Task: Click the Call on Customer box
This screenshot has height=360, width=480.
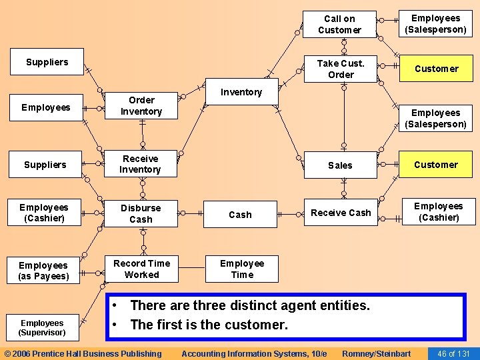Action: (339, 25)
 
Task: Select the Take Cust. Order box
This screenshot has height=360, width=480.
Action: (340, 69)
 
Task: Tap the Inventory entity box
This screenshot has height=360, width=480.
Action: (241, 92)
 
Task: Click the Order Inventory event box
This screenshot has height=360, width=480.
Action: (141, 106)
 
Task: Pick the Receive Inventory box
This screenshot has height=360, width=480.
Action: (140, 164)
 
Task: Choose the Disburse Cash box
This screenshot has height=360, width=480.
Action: (140, 213)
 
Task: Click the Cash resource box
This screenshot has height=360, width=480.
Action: (240, 215)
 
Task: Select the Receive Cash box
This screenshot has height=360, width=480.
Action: (340, 213)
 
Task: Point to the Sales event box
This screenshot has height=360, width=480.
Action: (340, 165)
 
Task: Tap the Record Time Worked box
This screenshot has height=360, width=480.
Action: (141, 269)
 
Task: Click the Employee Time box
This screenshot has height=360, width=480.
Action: (241, 269)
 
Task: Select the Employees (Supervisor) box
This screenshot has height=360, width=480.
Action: (41, 327)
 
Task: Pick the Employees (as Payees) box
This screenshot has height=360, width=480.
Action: (43, 271)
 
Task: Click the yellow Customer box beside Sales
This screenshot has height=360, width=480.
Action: (435, 165)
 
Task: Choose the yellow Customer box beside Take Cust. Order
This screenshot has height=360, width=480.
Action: (436, 69)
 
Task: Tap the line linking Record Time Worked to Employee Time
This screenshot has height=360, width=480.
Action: (191, 269)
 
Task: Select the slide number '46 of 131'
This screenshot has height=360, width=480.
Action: (453, 353)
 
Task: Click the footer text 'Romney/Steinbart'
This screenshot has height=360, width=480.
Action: (376, 353)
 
